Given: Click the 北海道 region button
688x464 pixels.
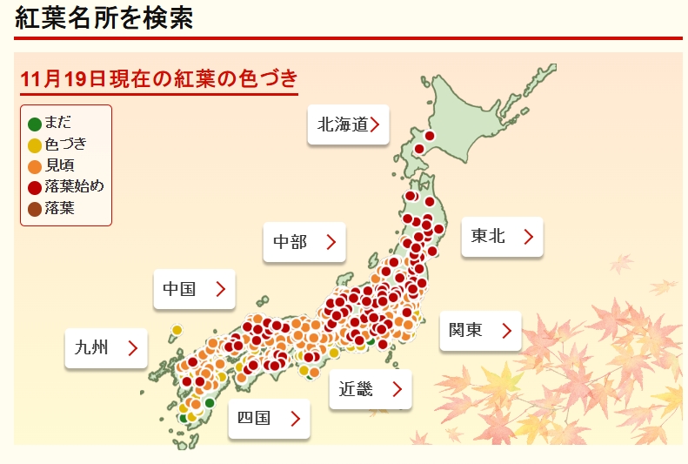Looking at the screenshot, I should click(348, 124).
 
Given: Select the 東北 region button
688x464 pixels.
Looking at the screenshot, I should click(502, 236).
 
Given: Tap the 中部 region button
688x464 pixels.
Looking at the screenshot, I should click(304, 242).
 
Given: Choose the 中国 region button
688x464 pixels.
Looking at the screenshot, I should click(194, 289).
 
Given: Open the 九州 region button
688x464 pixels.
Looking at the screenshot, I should click(106, 348).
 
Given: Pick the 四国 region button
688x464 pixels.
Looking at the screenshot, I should click(269, 419).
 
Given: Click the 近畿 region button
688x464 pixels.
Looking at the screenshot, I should click(370, 389).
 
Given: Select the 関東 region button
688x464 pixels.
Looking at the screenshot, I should click(480, 331).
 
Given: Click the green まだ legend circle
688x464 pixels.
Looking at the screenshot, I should click(35, 124).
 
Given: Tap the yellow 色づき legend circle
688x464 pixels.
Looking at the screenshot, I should click(35, 145).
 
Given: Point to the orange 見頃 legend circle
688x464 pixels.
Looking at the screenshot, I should click(35, 166).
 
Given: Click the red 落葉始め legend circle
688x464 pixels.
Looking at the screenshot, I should click(35, 187).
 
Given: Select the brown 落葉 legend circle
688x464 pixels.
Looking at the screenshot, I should click(35, 208).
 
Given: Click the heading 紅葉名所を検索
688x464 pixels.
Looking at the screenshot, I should click(104, 17).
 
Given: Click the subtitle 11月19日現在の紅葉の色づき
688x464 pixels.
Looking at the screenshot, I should click(159, 77).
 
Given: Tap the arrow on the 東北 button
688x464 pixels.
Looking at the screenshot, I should click(528, 237).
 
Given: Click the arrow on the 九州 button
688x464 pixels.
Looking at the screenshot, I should click(132, 348).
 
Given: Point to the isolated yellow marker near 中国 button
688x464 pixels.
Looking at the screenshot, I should click(177, 331).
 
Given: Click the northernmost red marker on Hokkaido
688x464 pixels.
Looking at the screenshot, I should click(429, 136).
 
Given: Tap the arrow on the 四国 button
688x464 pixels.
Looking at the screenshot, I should click(295, 419).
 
